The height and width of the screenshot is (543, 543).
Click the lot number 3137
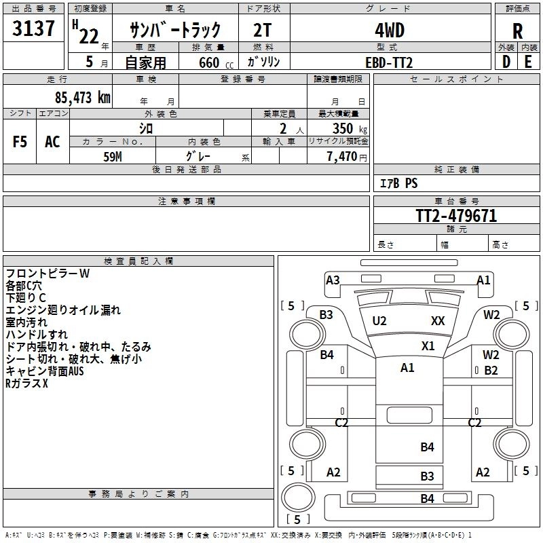coord(34,30)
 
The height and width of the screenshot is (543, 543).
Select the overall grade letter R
coord(517,31)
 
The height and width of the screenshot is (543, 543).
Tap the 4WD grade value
coord(389,31)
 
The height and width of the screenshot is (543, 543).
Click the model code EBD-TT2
coord(389,62)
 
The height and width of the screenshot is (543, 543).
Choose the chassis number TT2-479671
coord(456,216)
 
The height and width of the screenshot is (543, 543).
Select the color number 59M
coord(113,157)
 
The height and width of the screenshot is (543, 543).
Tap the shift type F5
coord(20,142)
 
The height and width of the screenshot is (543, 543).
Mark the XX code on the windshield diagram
coord(438,320)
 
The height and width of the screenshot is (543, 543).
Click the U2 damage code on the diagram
coord(379,320)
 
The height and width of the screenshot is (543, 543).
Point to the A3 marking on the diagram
coord(333,280)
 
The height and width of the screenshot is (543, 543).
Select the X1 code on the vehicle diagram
coord(428,345)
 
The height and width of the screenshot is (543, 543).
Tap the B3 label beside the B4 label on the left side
coord(326,314)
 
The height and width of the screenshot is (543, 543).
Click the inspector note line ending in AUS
coord(45,371)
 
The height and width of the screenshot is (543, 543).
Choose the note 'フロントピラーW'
coord(48,274)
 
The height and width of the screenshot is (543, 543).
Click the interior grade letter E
coord(528,62)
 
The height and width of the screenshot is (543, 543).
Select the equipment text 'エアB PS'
coord(398,183)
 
